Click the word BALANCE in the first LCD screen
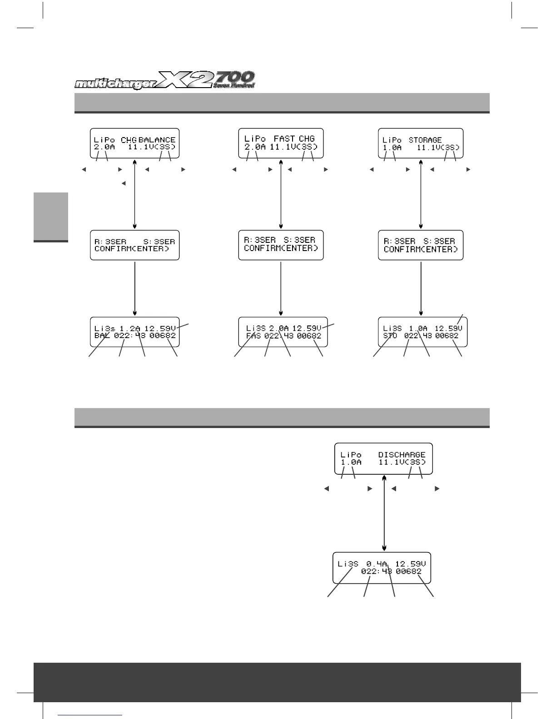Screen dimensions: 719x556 pos(157,140)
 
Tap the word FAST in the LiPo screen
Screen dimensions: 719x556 pos(284,138)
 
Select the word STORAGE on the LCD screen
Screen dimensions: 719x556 pos(425,140)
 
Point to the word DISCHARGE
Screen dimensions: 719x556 pos(402,454)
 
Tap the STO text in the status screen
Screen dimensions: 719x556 pos(390,336)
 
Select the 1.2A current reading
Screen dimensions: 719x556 pos(130,328)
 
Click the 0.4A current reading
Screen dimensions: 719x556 pos(377,564)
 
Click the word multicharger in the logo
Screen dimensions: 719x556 pos(115,84)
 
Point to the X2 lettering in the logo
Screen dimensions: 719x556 pos(186,80)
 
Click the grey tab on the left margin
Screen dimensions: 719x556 pos(50,217)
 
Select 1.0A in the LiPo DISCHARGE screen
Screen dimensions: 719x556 pos(351,462)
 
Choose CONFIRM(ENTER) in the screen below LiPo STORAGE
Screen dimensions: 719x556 pos(421,249)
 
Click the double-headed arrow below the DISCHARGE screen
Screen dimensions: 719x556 pos(385,512)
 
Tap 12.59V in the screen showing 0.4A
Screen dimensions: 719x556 pos(410,564)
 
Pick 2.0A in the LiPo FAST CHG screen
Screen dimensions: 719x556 pos(255,147)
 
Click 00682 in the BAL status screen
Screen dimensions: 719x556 pos(163,336)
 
